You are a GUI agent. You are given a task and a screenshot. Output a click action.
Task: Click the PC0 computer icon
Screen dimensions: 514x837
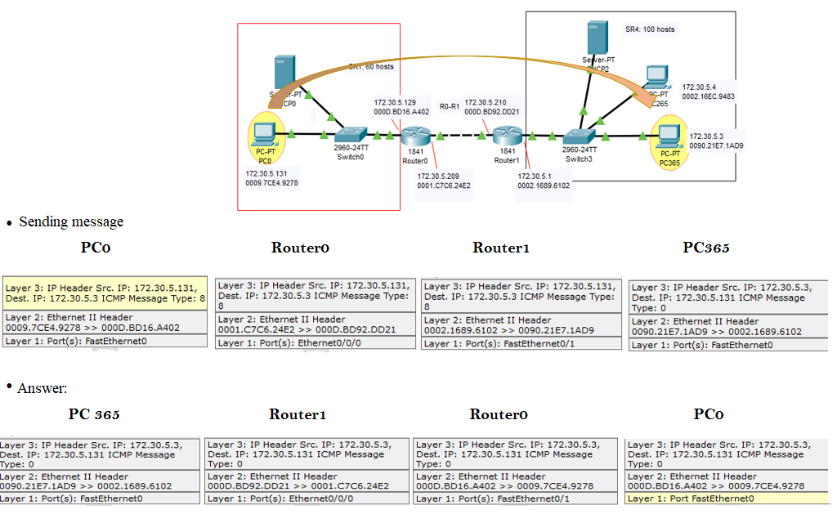pyautogui.click(x=264, y=132)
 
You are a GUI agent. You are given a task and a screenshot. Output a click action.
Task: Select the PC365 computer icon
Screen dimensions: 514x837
pyautogui.click(x=669, y=134)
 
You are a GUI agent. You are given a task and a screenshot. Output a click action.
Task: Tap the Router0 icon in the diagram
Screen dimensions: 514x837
pyautogui.click(x=414, y=136)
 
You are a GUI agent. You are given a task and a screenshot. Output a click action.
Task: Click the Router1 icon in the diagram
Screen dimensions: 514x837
pyautogui.click(x=507, y=136)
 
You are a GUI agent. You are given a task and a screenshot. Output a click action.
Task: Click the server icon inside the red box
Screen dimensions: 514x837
pyautogui.click(x=284, y=73)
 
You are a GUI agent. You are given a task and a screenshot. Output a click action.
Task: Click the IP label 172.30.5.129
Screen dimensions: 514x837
pyautogui.click(x=395, y=102)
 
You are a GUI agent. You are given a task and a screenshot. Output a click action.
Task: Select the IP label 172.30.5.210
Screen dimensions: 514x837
pyautogui.click(x=486, y=102)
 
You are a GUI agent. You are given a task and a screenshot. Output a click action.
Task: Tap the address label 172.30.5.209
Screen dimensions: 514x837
pyautogui.click(x=438, y=176)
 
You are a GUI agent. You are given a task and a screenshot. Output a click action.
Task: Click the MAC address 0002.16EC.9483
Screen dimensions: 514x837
pyautogui.click(x=708, y=96)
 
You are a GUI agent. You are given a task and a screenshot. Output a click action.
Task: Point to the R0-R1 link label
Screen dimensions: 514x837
pyautogui.click(x=449, y=106)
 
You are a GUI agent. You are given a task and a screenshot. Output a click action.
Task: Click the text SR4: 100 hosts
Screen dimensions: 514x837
pyautogui.click(x=650, y=29)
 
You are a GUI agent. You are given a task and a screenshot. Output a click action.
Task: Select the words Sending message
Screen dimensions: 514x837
pyautogui.click(x=71, y=221)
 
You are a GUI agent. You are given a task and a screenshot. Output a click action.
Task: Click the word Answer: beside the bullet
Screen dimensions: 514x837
pyautogui.click(x=42, y=388)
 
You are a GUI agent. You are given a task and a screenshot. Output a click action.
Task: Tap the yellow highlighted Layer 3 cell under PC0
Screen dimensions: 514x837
pyautogui.click(x=105, y=293)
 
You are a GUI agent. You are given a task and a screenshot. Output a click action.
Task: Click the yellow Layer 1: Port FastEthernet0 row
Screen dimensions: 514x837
pyautogui.click(x=727, y=498)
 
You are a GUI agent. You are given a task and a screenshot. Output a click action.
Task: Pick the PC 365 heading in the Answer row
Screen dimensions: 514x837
pyautogui.click(x=94, y=414)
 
